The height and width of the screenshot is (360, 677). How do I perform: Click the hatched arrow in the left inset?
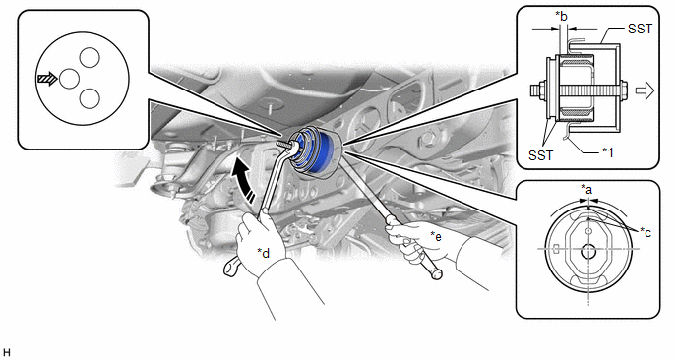(47, 79)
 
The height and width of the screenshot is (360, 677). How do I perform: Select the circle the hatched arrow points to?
(69, 79)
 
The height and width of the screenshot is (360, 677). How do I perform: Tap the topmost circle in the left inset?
(90, 57)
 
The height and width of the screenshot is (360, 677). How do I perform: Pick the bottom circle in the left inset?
(90, 98)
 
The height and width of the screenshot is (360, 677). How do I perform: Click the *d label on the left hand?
(263, 253)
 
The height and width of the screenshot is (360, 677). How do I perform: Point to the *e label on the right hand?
(436, 236)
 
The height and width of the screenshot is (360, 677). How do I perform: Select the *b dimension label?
(561, 17)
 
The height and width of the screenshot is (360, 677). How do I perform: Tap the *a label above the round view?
(586, 189)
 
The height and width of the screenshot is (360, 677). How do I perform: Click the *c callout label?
(646, 232)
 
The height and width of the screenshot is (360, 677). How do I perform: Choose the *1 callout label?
(607, 151)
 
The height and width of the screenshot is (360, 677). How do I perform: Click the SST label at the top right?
(640, 29)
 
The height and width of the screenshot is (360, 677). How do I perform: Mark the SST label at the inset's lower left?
(541, 155)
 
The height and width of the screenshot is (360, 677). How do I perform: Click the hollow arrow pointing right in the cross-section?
(646, 91)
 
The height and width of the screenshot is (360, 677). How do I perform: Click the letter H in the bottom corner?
(7, 353)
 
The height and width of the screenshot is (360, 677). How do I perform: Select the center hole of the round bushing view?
(588, 252)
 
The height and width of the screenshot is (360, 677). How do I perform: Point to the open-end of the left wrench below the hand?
(231, 266)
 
